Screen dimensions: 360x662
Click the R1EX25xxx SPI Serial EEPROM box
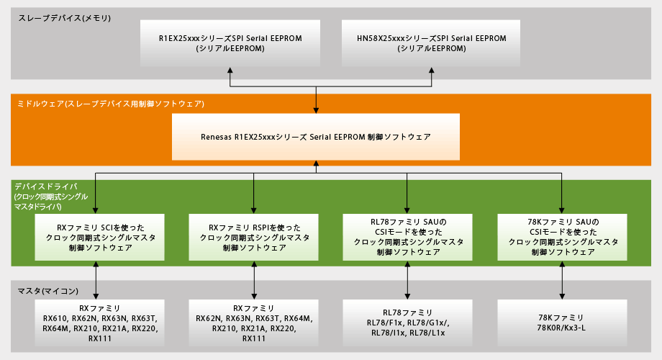tap(231, 42)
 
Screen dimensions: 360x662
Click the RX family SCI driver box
tap(96, 237)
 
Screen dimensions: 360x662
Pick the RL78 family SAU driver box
tap(408, 237)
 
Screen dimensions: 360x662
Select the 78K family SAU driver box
tap(563, 237)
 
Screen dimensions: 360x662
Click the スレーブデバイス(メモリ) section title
tap(65, 17)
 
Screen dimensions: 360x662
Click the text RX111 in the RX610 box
tap(100, 338)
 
